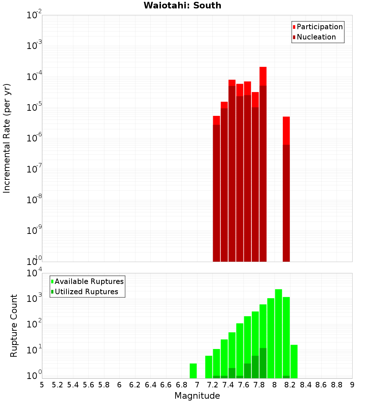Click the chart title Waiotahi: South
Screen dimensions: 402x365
point(182,5)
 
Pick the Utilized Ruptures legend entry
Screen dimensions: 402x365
point(86,292)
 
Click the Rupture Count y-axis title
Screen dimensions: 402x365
point(14,325)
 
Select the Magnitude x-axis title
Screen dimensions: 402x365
point(197,395)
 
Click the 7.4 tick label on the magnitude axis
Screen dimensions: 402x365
point(228,384)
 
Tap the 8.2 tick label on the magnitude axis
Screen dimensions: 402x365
point(290,384)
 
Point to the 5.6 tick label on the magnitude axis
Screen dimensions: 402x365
point(88,384)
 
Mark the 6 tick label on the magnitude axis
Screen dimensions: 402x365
point(119,384)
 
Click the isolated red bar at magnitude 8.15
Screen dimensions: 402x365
point(286,183)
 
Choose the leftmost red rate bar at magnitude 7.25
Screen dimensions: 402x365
point(216,183)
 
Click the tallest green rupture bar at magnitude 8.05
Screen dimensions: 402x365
point(278,329)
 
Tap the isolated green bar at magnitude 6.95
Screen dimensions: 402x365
point(193,371)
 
